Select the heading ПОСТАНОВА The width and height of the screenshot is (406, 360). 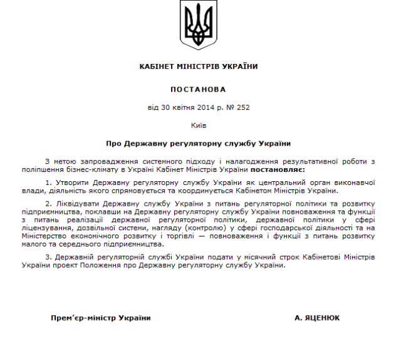(x=198, y=90)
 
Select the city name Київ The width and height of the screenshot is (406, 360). (x=198, y=125)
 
